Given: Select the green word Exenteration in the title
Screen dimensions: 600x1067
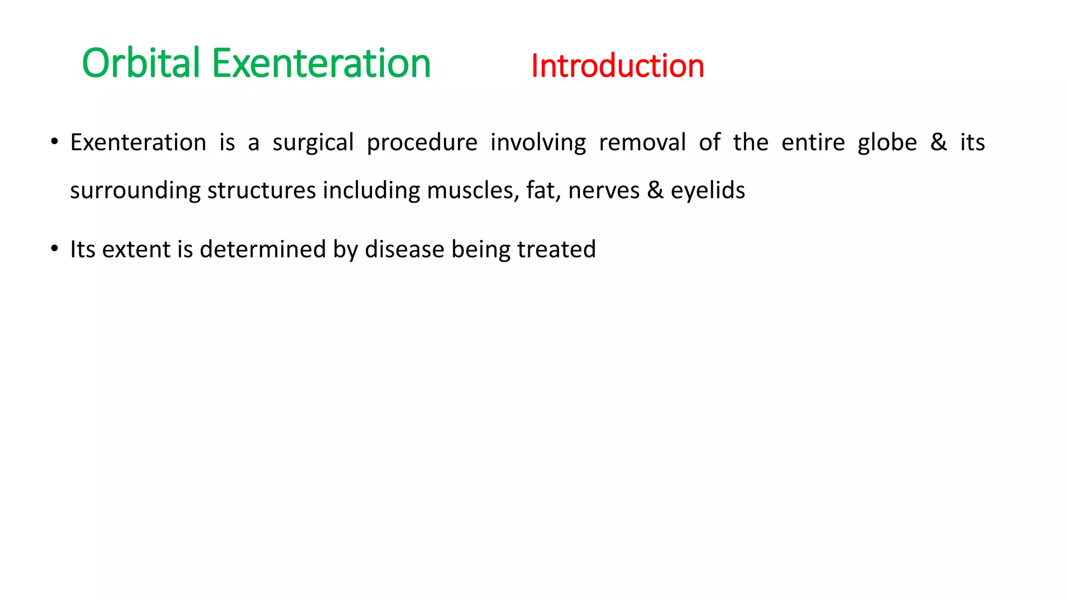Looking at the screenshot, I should click(321, 63).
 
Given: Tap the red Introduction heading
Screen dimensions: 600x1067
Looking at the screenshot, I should click(617, 66).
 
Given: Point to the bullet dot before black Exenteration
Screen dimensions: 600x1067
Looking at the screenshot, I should click(54, 142).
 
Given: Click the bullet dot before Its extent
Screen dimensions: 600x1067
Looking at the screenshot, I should click(54, 248).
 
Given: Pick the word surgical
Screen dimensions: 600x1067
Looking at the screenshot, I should click(313, 143).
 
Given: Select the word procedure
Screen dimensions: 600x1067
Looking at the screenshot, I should click(422, 143).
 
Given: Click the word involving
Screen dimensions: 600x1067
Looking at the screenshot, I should click(538, 143).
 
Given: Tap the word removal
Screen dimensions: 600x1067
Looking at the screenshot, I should click(642, 142).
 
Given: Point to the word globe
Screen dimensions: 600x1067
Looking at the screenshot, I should click(887, 142).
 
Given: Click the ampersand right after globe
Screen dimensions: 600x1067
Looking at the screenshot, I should click(938, 142).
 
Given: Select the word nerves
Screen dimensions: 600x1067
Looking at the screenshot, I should click(604, 191).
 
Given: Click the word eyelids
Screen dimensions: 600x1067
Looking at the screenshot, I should click(708, 190).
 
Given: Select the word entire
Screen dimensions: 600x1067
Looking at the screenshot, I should click(813, 142).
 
